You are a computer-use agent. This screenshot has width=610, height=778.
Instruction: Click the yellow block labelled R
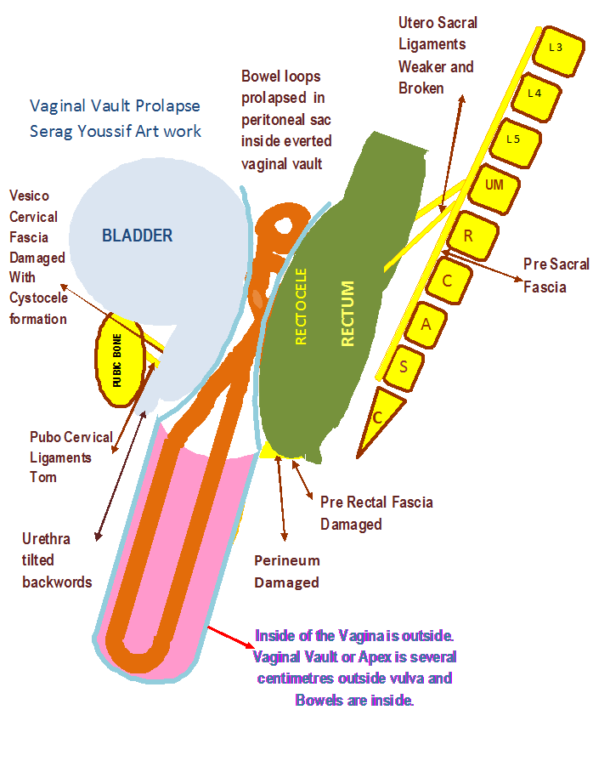tap(468, 236)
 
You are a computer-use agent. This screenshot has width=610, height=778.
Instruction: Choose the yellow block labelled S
tap(404, 366)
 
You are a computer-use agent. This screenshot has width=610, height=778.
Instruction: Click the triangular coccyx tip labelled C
tap(376, 417)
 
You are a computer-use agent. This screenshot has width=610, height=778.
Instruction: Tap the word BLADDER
tap(137, 236)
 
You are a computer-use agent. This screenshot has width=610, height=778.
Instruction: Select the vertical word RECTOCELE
tap(300, 306)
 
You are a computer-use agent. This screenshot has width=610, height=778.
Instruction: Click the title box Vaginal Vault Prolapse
tap(116, 118)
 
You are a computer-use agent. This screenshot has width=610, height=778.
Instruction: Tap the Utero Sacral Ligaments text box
tap(448, 55)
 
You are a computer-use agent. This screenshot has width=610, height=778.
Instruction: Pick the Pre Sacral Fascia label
tap(561, 275)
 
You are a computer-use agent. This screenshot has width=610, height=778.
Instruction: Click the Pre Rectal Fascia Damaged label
tap(376, 513)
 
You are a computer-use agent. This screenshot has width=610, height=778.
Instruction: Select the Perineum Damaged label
tap(286, 571)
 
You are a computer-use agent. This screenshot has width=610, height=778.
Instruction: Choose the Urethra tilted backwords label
tap(59, 560)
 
